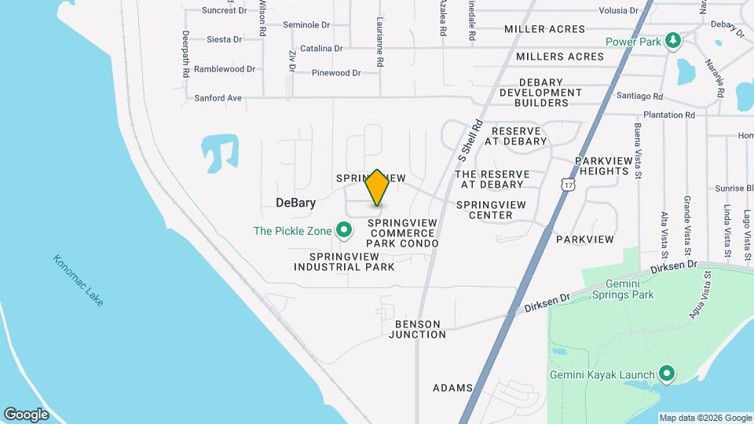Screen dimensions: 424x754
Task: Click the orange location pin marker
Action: [377, 188]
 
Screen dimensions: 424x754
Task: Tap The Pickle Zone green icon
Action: [343, 230]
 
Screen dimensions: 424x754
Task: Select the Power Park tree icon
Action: [672, 40]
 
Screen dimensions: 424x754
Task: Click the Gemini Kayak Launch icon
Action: [667, 374]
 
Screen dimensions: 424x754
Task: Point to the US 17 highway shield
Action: [568, 184]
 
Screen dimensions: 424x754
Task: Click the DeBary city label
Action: [296, 203]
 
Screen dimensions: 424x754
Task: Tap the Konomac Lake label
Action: [79, 280]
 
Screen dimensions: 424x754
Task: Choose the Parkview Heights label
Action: [603, 166]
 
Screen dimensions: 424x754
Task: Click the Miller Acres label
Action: [544, 29]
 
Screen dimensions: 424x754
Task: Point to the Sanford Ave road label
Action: [218, 98]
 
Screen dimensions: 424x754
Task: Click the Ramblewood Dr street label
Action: [225, 69]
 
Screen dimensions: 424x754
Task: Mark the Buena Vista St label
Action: [638, 150]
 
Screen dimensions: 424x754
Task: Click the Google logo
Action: [26, 414]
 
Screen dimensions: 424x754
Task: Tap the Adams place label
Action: [452, 388]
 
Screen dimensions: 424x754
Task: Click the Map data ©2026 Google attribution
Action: [705, 418]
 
